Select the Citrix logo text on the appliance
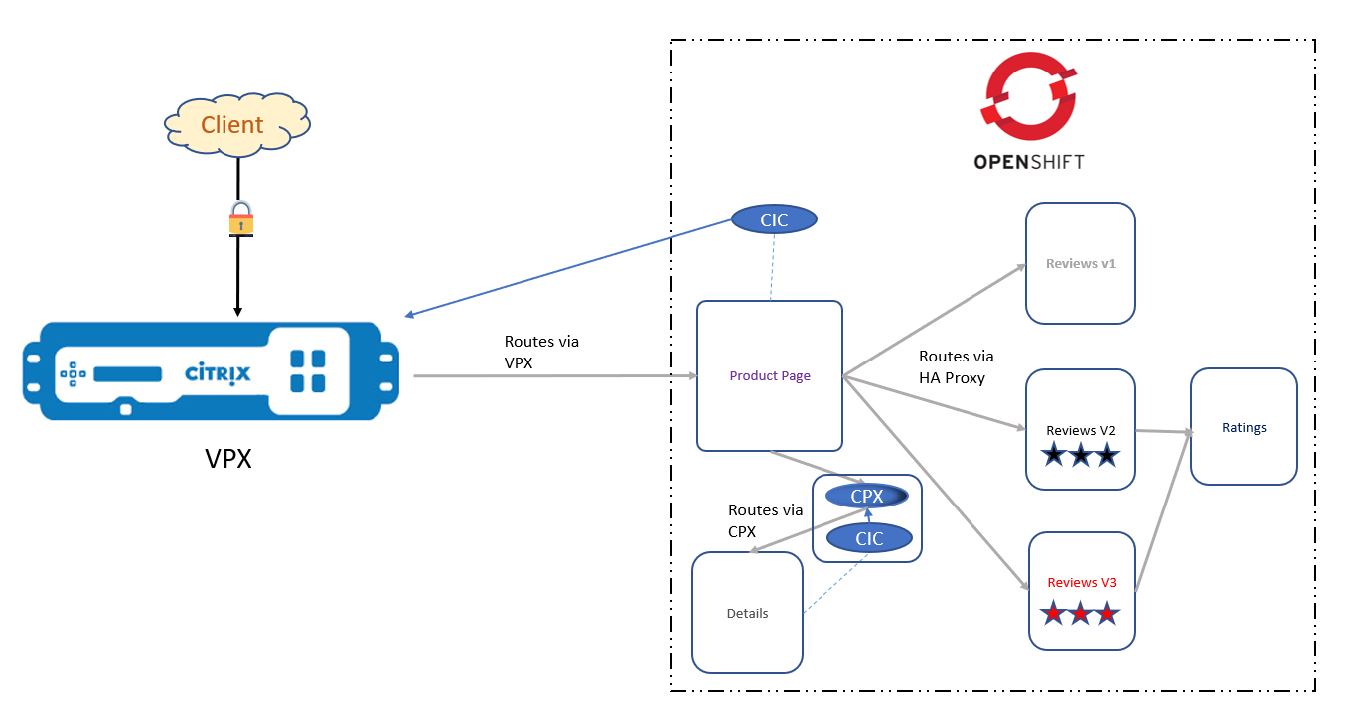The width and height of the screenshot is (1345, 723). tap(218, 374)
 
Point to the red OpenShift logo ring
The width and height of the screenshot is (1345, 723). tap(1029, 96)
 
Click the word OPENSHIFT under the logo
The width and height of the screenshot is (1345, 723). tap(1029, 161)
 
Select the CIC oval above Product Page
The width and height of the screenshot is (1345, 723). tap(774, 219)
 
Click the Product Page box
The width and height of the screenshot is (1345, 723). tap(770, 375)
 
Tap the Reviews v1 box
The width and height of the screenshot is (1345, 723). tap(1080, 263)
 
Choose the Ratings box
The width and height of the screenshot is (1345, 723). tap(1244, 427)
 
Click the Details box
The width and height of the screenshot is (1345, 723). tap(747, 613)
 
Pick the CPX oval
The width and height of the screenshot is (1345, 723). tap(867, 496)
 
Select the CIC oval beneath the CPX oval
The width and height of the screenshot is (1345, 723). tap(869, 538)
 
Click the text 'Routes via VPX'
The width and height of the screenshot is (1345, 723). tap(541, 352)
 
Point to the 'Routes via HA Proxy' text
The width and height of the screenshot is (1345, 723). tap(956, 366)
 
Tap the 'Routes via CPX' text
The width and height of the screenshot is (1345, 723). tap(765, 520)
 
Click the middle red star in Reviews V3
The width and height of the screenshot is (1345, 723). tap(1081, 613)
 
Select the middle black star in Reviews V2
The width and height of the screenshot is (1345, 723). tap(1080, 456)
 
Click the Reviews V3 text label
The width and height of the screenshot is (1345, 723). tap(1082, 582)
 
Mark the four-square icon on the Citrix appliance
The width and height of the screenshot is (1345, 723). tap(308, 370)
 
